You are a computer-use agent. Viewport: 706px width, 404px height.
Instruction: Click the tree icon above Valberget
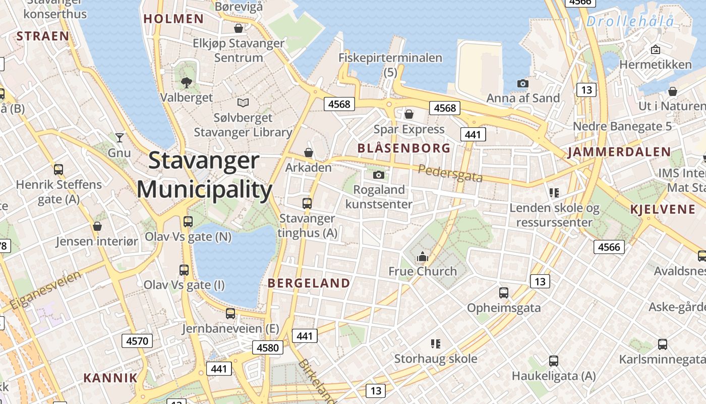pyautogui.click(x=187, y=82)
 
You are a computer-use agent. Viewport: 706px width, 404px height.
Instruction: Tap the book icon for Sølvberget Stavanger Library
pyautogui.click(x=243, y=103)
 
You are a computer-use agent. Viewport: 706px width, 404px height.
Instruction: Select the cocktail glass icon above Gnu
pyautogui.click(x=119, y=137)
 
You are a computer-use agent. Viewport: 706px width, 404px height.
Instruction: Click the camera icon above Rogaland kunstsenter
pyautogui.click(x=379, y=175)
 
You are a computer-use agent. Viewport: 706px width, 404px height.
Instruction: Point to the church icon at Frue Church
pyautogui.click(x=422, y=257)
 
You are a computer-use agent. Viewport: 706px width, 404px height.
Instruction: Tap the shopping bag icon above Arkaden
pyautogui.click(x=309, y=152)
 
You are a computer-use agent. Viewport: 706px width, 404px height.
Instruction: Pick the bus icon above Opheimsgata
pyautogui.click(x=503, y=292)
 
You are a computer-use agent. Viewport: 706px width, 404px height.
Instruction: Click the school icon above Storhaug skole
pyautogui.click(x=436, y=344)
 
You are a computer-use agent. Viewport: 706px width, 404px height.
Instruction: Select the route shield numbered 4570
pyautogui.click(x=137, y=341)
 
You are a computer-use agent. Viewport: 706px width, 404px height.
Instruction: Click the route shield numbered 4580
pyautogui.click(x=268, y=347)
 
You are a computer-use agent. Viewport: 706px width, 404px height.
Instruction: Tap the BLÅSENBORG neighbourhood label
pyautogui.click(x=403, y=148)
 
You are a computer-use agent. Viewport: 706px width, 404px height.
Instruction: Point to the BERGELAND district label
pyautogui.click(x=309, y=283)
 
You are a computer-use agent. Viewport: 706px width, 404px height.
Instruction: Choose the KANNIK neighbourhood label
pyautogui.click(x=110, y=378)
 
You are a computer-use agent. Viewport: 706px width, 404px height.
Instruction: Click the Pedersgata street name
pyautogui.click(x=450, y=173)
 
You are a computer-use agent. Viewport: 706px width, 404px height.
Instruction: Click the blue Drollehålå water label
pyautogui.click(x=630, y=22)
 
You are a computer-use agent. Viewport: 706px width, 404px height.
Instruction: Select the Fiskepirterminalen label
pyautogui.click(x=390, y=58)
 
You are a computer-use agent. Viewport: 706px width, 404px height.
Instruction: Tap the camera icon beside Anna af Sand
pyautogui.click(x=522, y=83)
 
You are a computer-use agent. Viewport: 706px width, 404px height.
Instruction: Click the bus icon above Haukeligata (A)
pyautogui.click(x=553, y=361)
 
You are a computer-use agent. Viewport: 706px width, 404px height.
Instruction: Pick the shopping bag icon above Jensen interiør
pyautogui.click(x=97, y=226)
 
